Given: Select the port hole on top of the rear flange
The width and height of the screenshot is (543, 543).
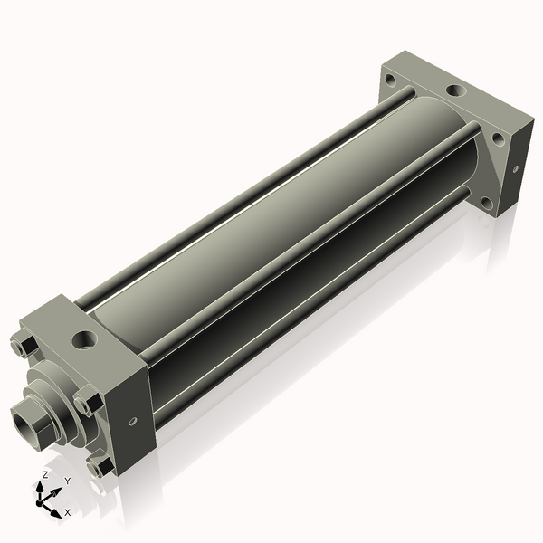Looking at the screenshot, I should [452, 92].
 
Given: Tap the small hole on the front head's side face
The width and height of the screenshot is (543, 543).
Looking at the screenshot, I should [134, 421].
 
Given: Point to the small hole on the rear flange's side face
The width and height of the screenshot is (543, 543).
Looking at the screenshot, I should [515, 168].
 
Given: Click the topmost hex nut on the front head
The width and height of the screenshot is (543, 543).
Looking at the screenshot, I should [23, 347].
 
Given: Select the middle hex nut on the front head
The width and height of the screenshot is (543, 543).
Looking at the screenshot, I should [86, 401].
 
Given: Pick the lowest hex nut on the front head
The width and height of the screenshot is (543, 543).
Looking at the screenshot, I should [100, 466].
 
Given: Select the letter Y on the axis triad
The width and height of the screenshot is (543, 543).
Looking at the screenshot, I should [67, 481].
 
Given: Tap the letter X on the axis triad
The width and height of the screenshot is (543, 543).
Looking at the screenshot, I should [68, 512].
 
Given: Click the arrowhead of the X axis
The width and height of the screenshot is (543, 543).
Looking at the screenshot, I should [56, 511].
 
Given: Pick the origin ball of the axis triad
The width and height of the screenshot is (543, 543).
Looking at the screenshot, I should [43, 500].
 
